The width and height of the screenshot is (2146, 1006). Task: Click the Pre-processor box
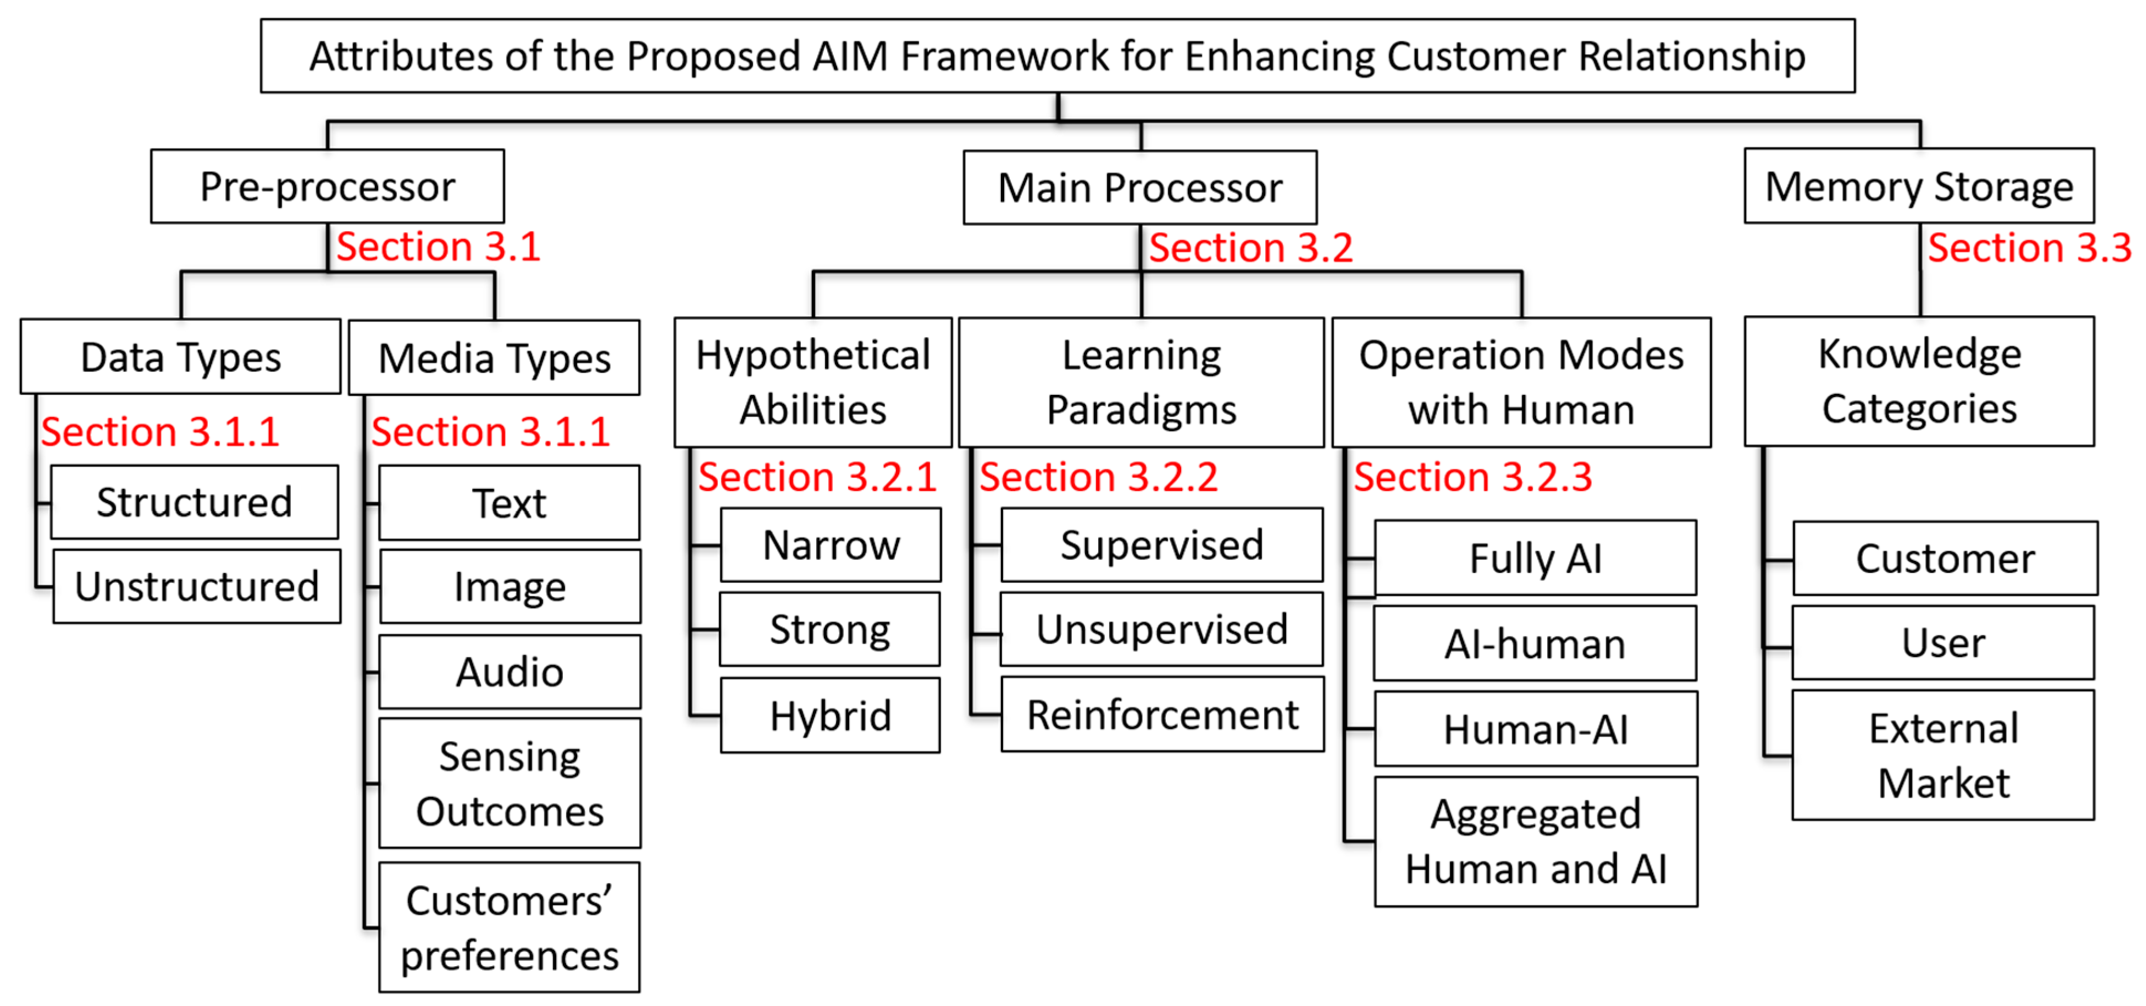[x=327, y=187]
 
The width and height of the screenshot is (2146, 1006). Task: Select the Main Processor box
[x=1140, y=187]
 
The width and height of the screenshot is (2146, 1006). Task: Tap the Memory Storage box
[x=1919, y=186]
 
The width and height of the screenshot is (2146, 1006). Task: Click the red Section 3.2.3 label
[x=1472, y=477]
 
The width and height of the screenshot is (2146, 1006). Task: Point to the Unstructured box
[x=197, y=586]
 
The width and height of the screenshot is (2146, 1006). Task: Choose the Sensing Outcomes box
[x=509, y=784]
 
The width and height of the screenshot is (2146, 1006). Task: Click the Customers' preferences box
[x=509, y=927]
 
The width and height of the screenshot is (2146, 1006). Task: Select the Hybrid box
[x=830, y=715]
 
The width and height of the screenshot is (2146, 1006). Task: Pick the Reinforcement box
[x=1162, y=715]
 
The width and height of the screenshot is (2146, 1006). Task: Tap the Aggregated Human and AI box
[x=1536, y=841]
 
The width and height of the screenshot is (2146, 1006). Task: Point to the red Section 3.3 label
[x=2029, y=248]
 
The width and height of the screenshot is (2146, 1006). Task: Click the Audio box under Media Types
[x=509, y=672]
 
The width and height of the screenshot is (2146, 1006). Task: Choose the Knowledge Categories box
[x=1919, y=381]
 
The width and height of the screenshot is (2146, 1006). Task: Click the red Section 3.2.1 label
[x=816, y=477]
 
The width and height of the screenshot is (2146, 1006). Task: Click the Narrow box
[x=831, y=545]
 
